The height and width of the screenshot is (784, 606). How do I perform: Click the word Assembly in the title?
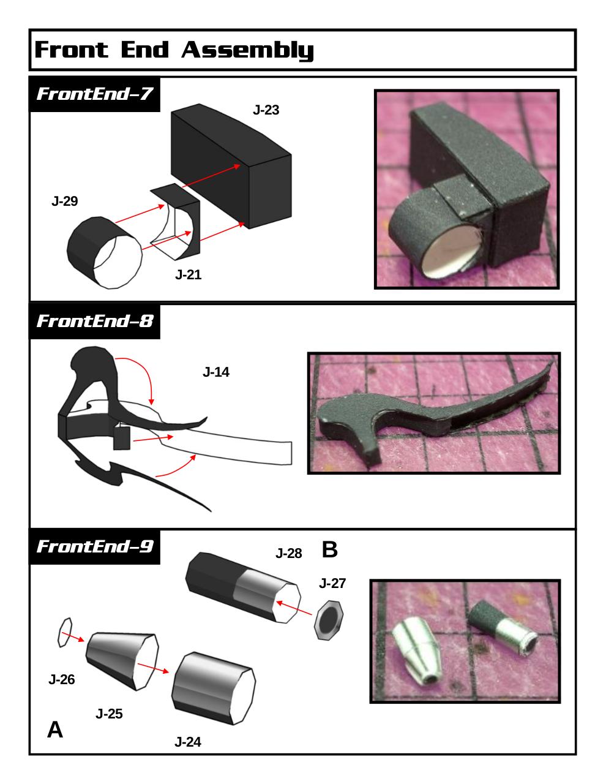pos(247,50)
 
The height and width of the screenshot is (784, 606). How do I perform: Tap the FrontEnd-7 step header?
pos(94,94)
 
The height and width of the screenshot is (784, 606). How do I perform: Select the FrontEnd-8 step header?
pos(94,321)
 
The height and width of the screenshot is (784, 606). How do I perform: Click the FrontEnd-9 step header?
pos(94,546)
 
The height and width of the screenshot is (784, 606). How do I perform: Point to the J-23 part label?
pos(266,110)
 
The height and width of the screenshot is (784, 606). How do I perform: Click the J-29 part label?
pos(64,201)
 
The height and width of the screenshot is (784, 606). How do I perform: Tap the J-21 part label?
pos(188,274)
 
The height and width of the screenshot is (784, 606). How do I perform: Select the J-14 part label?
pos(216,372)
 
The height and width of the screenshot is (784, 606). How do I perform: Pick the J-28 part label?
pos(288,553)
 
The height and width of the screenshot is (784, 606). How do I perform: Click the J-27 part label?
pos(332,583)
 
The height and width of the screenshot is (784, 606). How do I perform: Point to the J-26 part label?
pos(62,679)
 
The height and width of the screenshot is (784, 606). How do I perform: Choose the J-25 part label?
pos(109,714)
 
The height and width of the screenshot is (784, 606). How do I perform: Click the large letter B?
pos(329,549)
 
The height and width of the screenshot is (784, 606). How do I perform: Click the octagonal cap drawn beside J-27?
pos(329,620)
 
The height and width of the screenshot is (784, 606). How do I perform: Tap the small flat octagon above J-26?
pos(65,632)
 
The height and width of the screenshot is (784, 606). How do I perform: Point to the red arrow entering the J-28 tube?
pos(294,608)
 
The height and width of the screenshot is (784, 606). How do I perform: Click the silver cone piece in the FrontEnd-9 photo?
pos(418,646)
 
